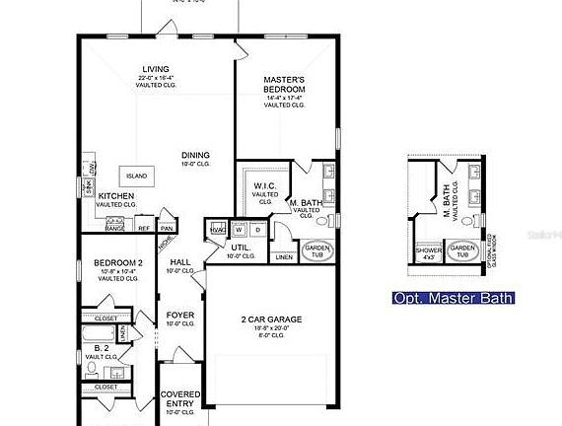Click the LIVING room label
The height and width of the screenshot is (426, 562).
click(x=158, y=69)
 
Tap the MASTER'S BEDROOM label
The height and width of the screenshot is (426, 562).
click(x=284, y=84)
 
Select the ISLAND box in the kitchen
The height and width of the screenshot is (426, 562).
click(x=136, y=176)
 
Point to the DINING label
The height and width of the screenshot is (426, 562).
click(x=194, y=154)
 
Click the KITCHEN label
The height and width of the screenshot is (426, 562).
click(x=116, y=196)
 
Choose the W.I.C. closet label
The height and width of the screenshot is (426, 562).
click(x=264, y=185)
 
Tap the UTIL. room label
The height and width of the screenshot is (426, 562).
click(x=240, y=248)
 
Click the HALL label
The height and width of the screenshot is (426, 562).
click(x=179, y=262)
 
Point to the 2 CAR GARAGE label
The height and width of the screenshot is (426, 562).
click(x=271, y=319)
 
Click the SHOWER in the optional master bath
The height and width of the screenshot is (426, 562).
click(x=429, y=250)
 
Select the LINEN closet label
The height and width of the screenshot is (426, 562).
click(x=284, y=257)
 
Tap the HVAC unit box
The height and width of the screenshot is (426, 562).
click(x=217, y=229)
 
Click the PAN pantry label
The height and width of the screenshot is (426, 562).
click(x=166, y=228)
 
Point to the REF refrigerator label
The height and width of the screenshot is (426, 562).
click(x=144, y=228)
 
